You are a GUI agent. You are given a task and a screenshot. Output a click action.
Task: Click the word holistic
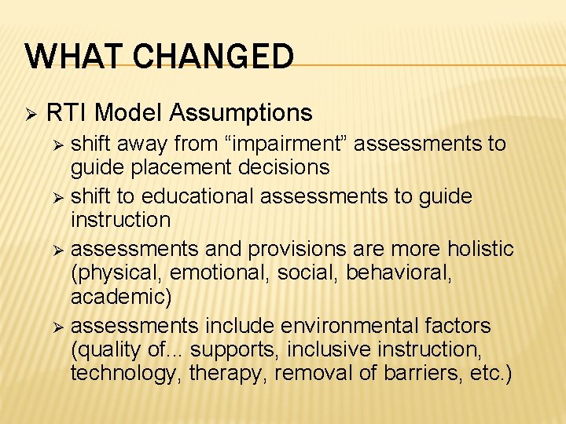pyautogui.click(x=482, y=248)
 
